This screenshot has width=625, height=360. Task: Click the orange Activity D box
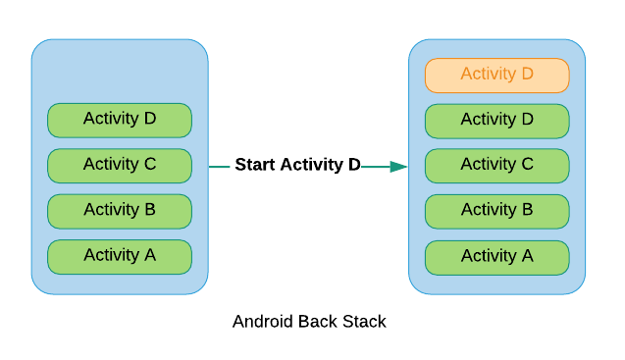[x=496, y=75]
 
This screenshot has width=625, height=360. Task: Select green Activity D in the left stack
[x=120, y=120]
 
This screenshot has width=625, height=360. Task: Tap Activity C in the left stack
[x=120, y=165]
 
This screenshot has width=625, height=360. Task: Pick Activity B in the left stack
[x=120, y=210]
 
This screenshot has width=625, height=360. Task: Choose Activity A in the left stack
[x=120, y=256]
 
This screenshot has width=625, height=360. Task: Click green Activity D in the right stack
[x=496, y=120]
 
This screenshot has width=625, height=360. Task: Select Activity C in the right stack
[x=496, y=165]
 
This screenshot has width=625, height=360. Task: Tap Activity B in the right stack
[x=496, y=210]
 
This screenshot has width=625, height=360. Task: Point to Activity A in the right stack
[x=496, y=257]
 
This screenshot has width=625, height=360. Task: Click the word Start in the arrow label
[x=255, y=165]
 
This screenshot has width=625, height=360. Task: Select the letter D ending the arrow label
[x=354, y=165]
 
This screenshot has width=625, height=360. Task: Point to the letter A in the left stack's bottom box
[x=149, y=255]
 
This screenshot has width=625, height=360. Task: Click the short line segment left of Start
[x=220, y=167]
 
